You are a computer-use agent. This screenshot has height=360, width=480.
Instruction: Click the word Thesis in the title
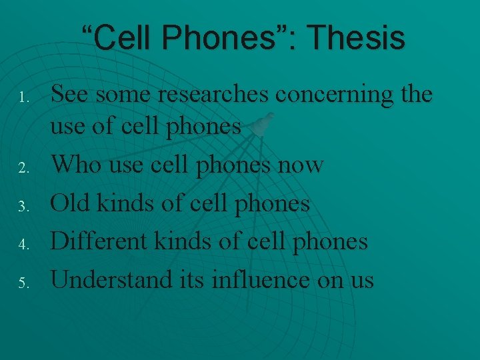coord(361,38)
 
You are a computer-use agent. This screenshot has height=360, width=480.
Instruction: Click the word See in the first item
coord(71,95)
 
